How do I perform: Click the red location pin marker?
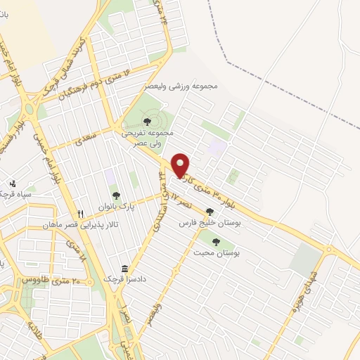181,165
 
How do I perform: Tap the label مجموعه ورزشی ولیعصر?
185,86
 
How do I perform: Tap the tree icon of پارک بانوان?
115,195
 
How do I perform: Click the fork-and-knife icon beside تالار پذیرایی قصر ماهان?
81,214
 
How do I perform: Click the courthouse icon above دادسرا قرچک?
124,269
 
